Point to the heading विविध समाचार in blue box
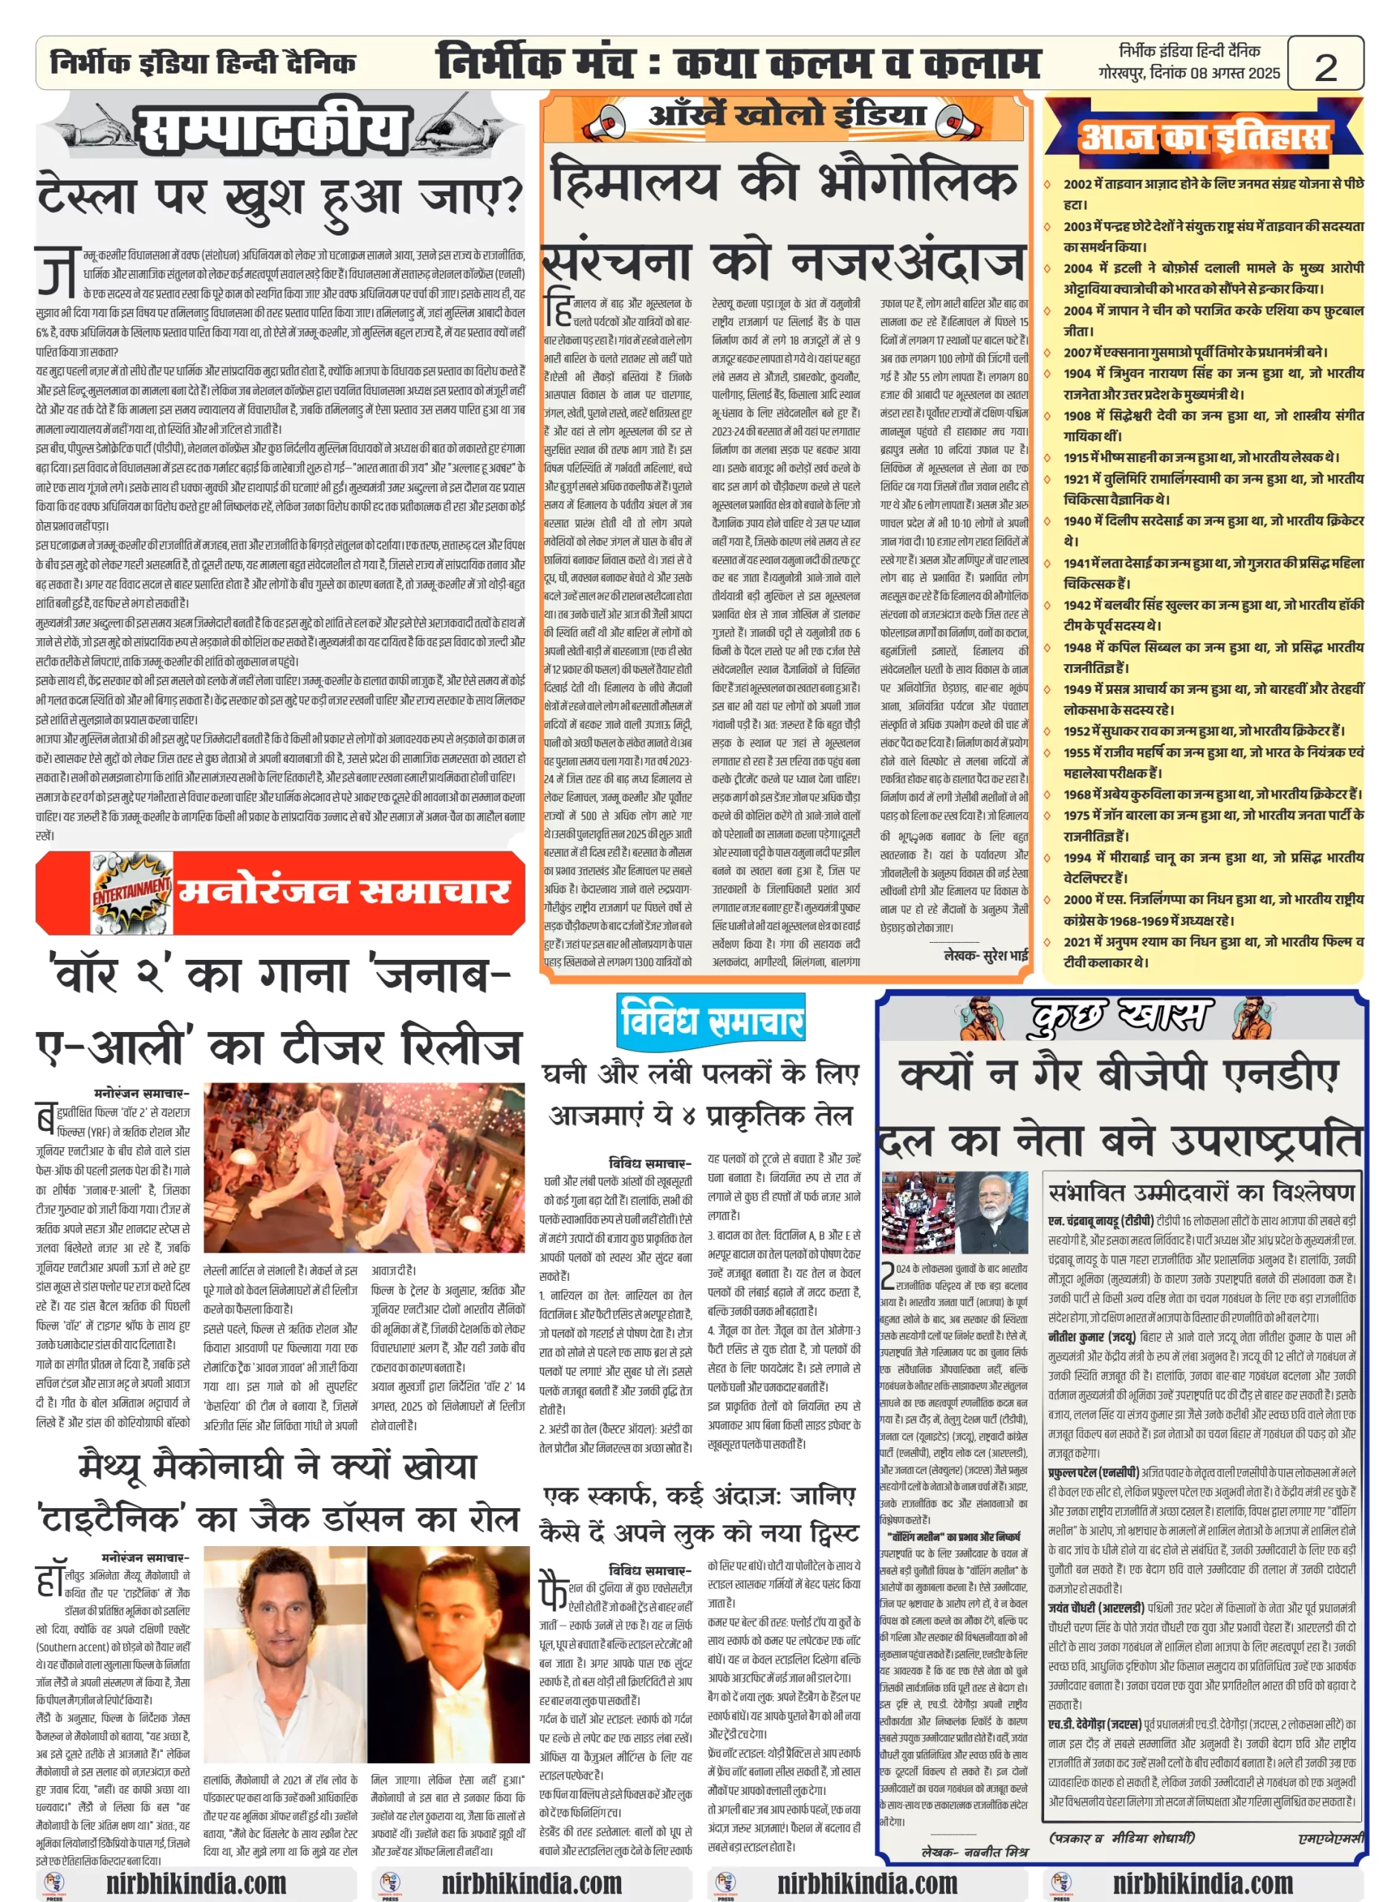tap(711, 1019)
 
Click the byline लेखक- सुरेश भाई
tap(985, 955)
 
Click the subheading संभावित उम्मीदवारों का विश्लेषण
tap(1202, 1191)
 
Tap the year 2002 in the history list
tap(1078, 184)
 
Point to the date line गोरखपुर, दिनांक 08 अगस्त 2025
tap(1188, 74)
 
